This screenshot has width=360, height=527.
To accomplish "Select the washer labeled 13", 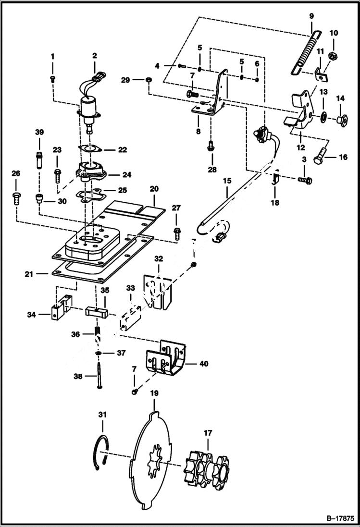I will [x=323, y=116].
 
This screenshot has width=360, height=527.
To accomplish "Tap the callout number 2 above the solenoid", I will [x=94, y=56].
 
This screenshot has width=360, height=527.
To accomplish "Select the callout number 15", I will [x=227, y=180].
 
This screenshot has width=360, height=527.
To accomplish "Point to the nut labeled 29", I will [x=149, y=79].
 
